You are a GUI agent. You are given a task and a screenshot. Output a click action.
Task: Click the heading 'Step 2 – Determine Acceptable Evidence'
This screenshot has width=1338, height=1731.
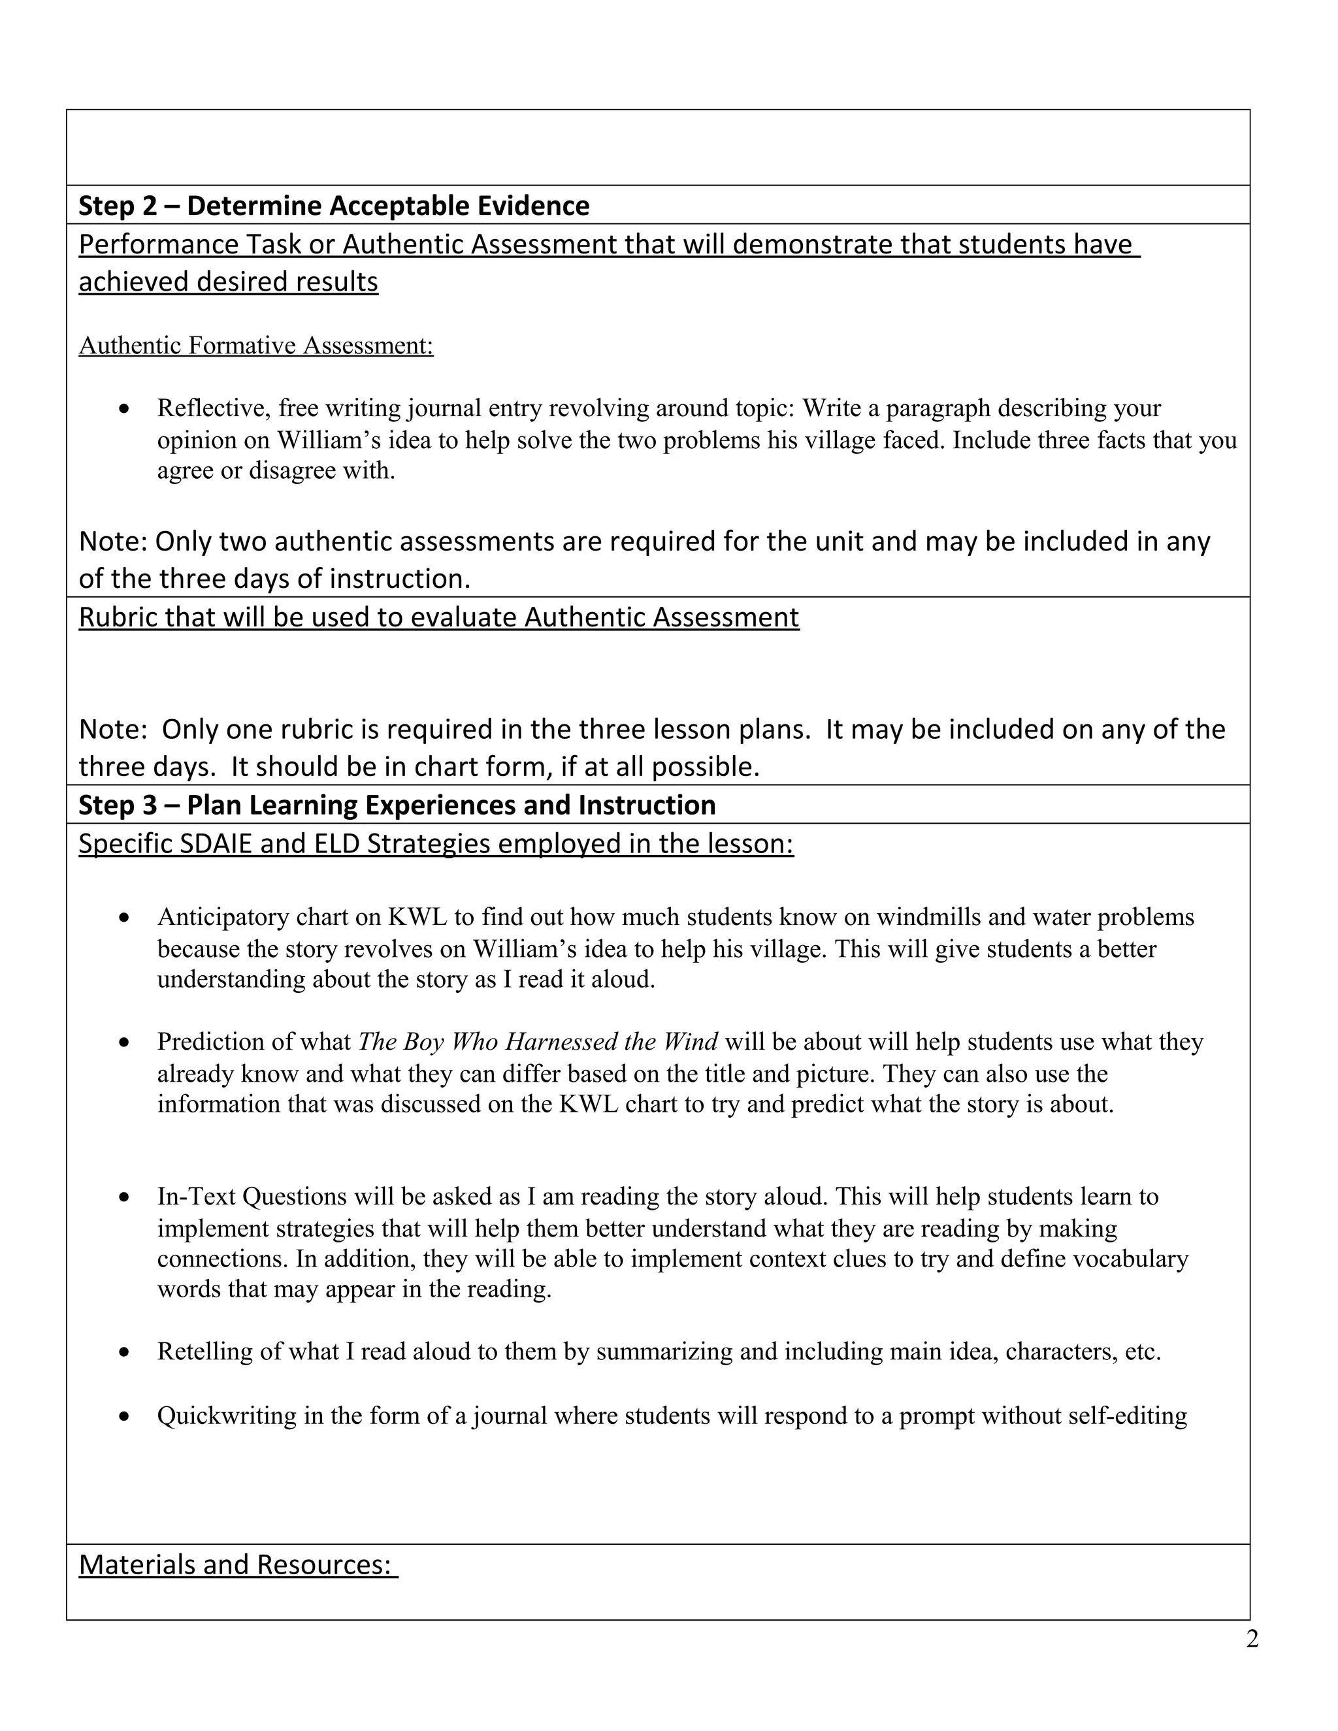click(x=333, y=206)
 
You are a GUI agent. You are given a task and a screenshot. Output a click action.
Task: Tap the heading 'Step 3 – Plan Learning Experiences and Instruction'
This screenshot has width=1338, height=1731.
click(x=397, y=805)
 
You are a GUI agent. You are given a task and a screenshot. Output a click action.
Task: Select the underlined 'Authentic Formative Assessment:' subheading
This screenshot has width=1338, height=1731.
click(x=256, y=346)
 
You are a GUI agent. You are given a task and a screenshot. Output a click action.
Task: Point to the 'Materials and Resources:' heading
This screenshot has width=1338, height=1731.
click(x=238, y=1564)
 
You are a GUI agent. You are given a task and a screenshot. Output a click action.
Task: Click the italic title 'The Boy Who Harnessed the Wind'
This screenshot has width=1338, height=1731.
click(x=538, y=1041)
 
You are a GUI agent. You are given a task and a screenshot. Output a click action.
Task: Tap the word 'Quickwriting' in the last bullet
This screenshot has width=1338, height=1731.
click(x=227, y=1416)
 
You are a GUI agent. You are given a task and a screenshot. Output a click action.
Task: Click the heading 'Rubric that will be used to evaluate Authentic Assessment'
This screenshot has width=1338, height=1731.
click(x=438, y=617)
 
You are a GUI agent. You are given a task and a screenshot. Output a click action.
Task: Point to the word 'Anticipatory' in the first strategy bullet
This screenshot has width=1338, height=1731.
click(x=223, y=917)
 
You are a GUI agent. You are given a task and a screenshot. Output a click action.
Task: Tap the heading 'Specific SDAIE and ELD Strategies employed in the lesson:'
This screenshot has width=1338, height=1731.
click(x=436, y=844)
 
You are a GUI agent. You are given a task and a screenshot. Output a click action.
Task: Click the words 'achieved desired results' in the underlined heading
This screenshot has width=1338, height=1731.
click(x=228, y=282)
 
